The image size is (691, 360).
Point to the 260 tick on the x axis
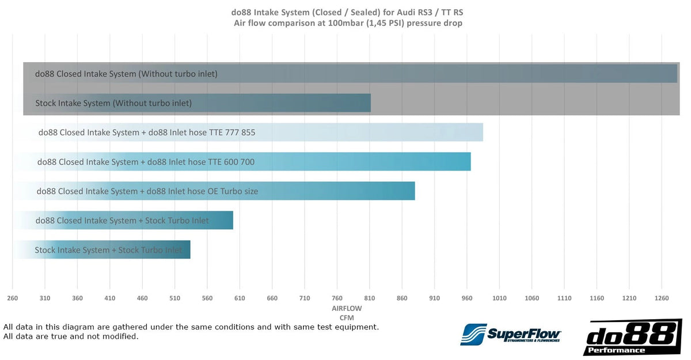(13, 298)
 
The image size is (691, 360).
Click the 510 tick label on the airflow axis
(175, 298)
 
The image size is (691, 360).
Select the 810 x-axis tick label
(370, 298)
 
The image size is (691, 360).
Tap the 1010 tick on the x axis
(499, 298)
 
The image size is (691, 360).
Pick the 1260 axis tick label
(662, 298)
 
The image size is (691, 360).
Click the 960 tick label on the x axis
(467, 298)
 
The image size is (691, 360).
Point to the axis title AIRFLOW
(347, 309)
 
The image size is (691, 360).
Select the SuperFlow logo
(511, 334)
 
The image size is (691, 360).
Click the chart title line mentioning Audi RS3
(347, 12)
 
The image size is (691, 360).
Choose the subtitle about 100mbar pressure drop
(347, 23)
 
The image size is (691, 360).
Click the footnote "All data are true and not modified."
(71, 336)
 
